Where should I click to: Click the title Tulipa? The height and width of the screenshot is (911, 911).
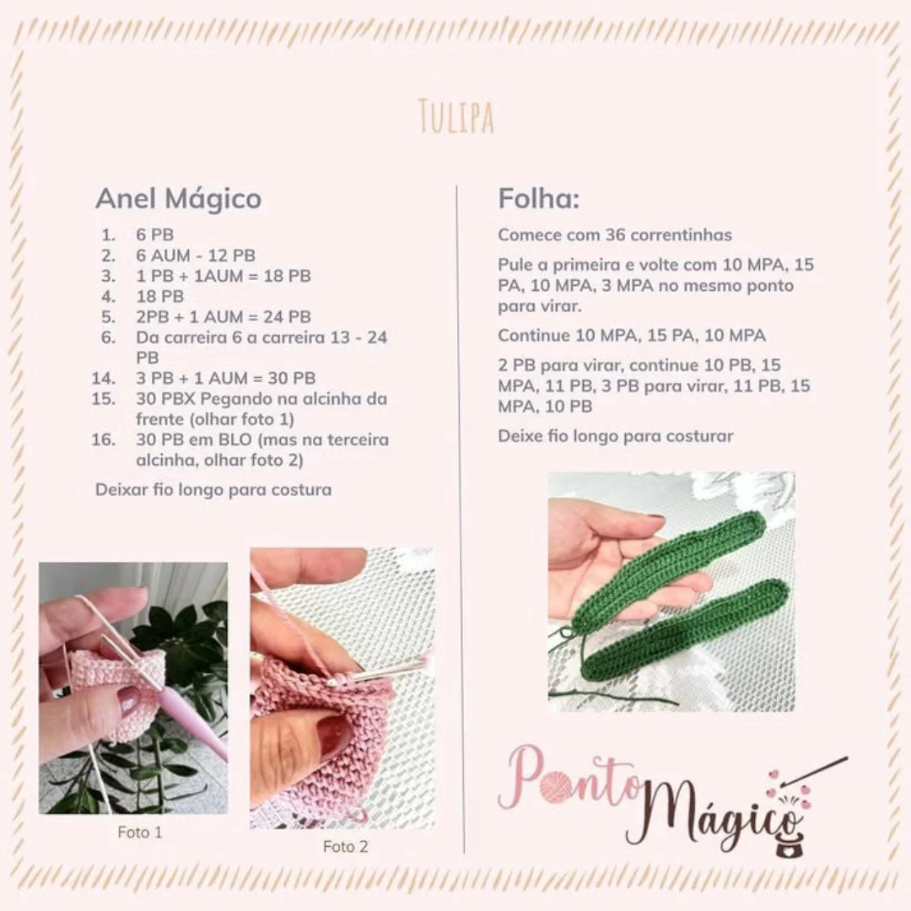tap(455, 117)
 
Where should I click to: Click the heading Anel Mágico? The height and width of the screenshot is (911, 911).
tap(178, 199)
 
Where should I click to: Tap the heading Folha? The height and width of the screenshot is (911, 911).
tap(538, 199)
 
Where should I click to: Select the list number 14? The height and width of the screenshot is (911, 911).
tap(104, 378)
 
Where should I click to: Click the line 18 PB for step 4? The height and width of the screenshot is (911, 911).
tap(159, 296)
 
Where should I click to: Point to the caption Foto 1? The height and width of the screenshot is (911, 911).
tap(140, 833)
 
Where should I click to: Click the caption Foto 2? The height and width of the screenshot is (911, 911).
tap(346, 846)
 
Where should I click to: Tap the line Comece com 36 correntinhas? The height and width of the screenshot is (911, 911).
tap(614, 234)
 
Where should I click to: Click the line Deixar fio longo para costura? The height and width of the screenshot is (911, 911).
tap(213, 489)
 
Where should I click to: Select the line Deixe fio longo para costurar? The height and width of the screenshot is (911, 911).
tap(615, 436)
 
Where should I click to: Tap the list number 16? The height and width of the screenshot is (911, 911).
tap(104, 439)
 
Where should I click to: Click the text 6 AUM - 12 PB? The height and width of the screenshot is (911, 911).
tap(196, 255)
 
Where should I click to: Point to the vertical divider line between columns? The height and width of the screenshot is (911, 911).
tap(460, 506)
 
